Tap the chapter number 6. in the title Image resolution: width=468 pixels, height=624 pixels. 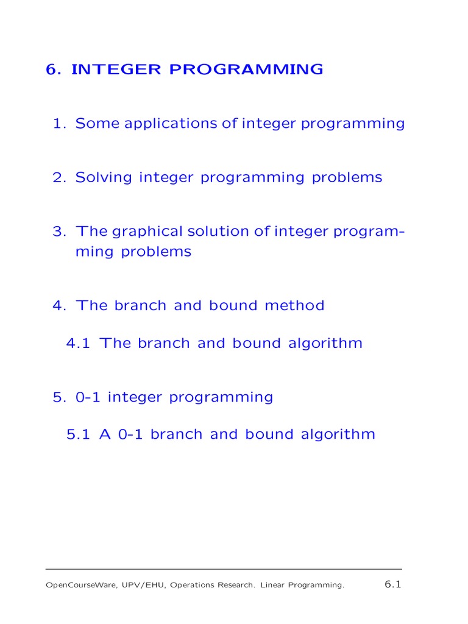[x=55, y=69]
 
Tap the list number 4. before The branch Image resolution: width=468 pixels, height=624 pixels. [x=59, y=306]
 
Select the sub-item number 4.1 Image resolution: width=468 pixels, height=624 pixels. [x=78, y=343]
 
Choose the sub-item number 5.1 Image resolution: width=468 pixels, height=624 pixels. [x=78, y=434]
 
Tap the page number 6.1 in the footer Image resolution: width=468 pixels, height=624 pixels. [x=392, y=584]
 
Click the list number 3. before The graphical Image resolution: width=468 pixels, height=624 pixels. [x=59, y=232]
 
